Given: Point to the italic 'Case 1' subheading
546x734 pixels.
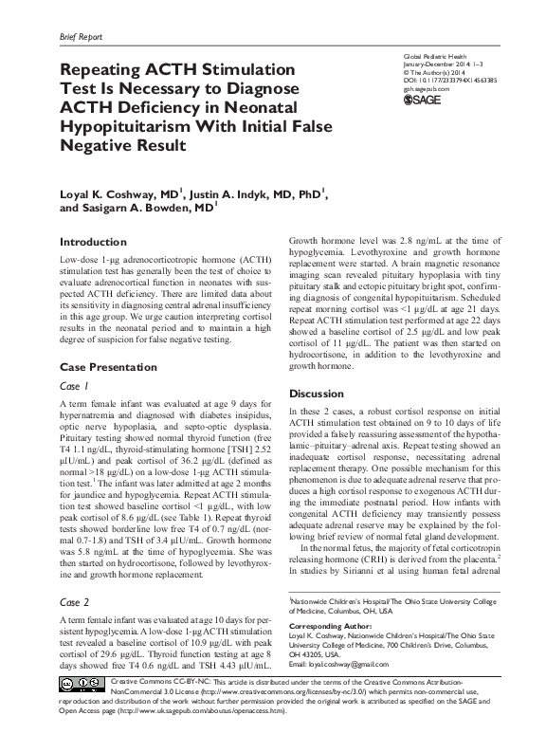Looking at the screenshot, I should [74, 386].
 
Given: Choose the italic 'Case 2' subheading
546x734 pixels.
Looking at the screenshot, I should [74, 602].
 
